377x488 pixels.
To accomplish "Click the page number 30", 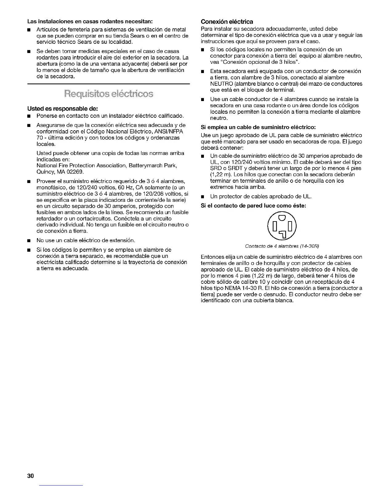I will [x=30, y=476].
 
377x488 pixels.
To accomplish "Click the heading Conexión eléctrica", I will [x=227, y=22].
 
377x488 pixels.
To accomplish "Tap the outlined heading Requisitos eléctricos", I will [x=108, y=94].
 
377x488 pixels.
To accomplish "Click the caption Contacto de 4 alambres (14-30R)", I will [x=282, y=246].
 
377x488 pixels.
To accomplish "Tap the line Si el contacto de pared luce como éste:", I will [x=253, y=205].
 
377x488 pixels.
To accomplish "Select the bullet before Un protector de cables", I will [x=203, y=197].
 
